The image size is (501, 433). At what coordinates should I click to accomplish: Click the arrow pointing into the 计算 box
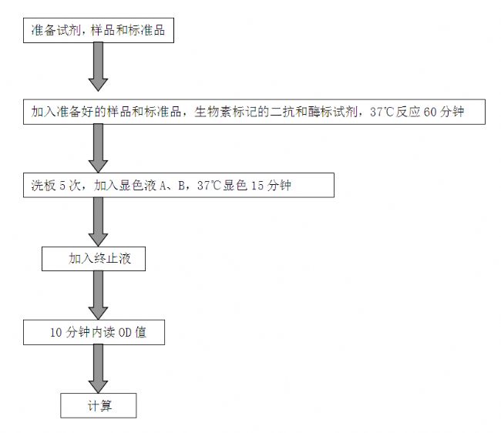(98, 368)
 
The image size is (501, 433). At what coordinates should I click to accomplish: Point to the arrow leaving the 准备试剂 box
(98, 67)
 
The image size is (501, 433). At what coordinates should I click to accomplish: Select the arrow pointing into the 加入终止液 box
(98, 222)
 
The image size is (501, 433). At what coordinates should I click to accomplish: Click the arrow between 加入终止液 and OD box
(98, 295)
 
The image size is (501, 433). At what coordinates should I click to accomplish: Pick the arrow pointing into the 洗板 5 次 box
(98, 149)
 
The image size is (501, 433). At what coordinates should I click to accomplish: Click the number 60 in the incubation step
(430, 112)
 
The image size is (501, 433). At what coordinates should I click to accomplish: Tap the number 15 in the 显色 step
(257, 186)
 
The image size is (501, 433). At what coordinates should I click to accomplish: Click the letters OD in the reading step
(125, 333)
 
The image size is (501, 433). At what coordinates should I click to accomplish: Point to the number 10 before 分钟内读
(56, 333)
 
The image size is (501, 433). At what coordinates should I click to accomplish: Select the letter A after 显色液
(163, 186)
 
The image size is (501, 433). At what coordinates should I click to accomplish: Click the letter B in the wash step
(181, 186)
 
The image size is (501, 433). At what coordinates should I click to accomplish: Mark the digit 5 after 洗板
(62, 186)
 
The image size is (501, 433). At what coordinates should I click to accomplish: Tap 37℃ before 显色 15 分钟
(209, 186)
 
